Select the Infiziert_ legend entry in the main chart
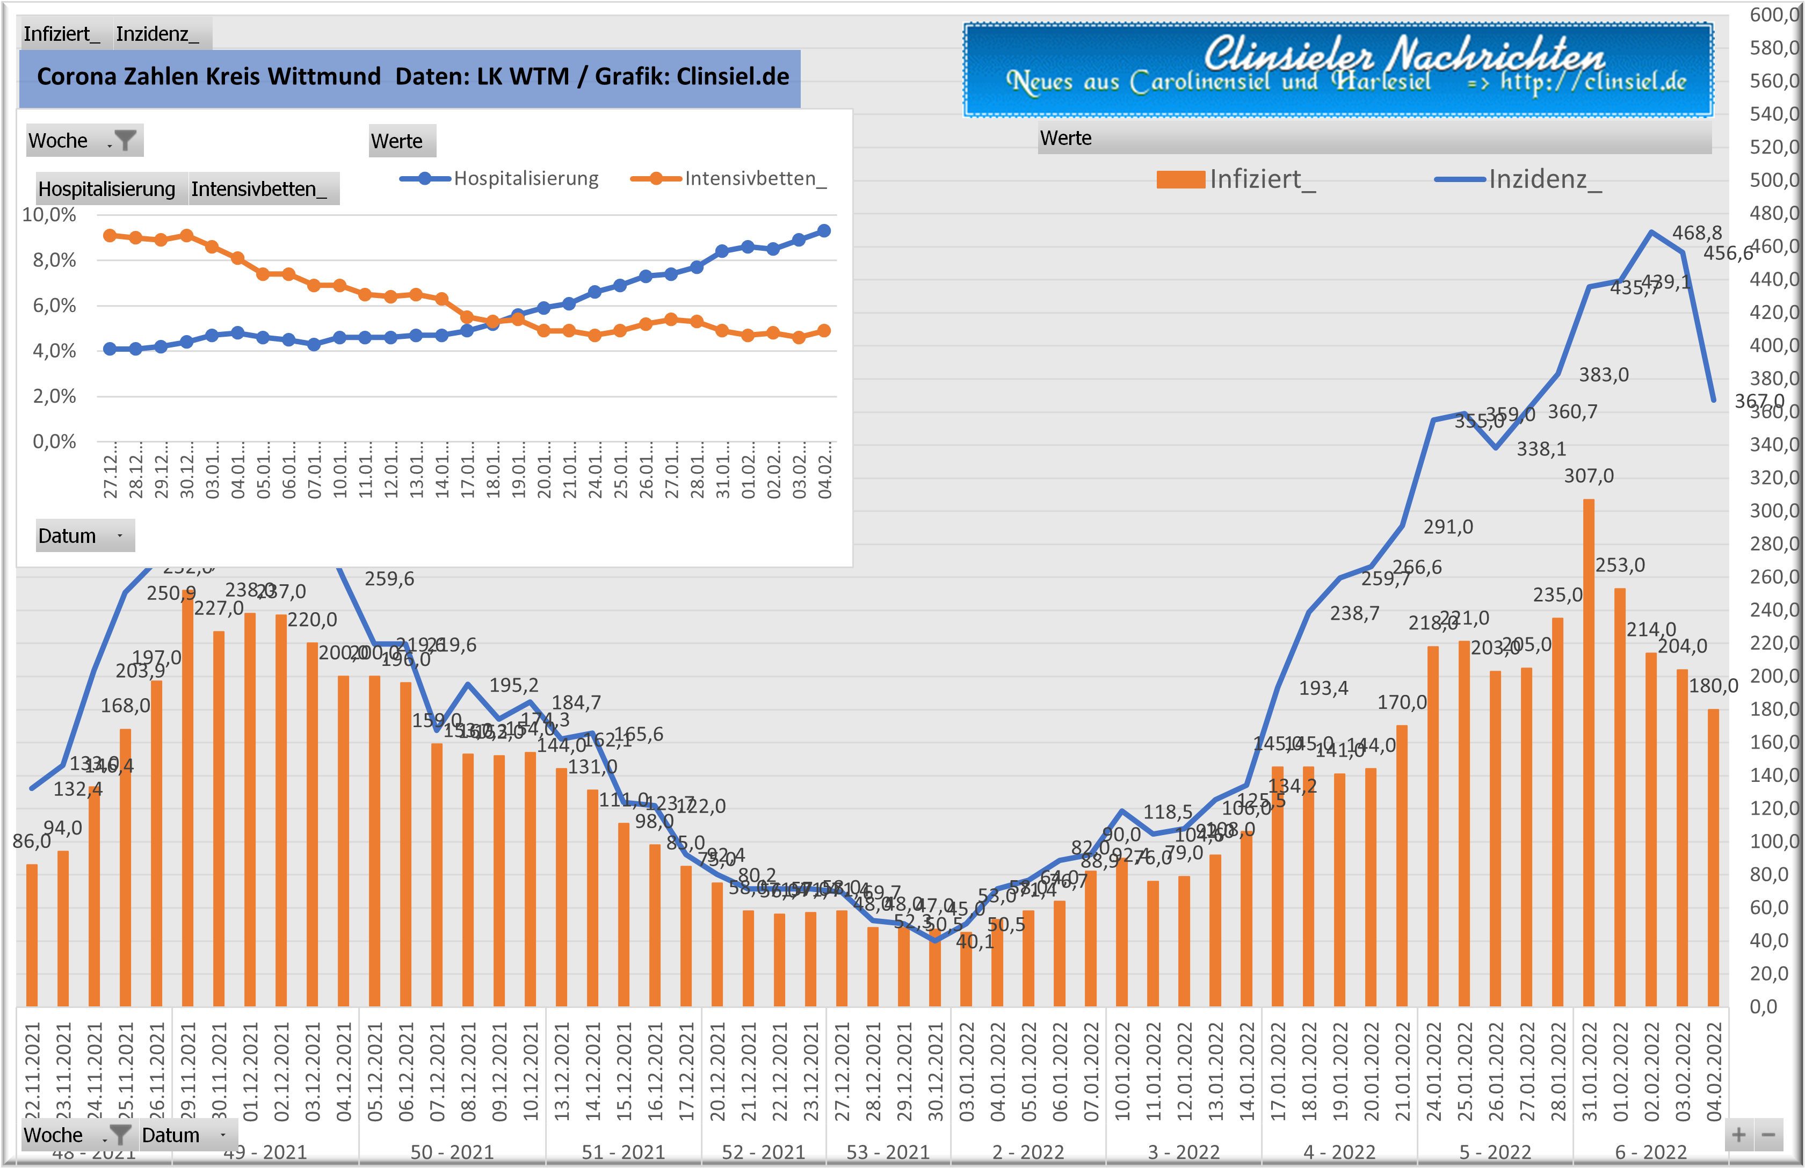[1236, 180]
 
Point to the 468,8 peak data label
[1697, 233]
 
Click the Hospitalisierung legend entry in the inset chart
[501, 179]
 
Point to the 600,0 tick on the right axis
[1773, 14]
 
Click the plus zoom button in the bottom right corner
[1739, 1135]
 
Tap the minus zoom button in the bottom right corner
[1768, 1135]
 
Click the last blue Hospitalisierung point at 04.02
[824, 230]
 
